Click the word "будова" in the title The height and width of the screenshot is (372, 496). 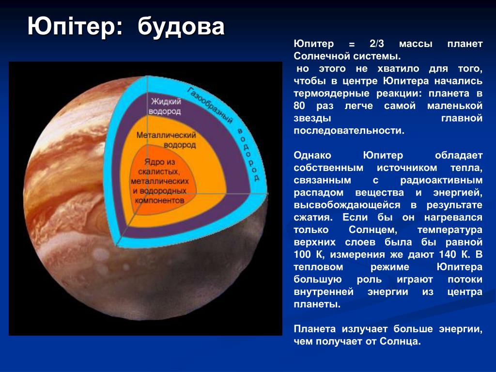point(181,27)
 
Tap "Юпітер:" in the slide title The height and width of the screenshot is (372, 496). point(75,26)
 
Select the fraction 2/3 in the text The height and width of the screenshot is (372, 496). point(376,44)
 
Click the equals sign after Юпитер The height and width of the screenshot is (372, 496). point(352,45)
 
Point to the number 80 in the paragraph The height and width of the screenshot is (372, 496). point(299,105)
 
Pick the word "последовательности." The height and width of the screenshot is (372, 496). point(349,130)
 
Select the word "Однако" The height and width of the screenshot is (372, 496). point(312,155)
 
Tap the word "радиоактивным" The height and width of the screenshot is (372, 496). point(441,180)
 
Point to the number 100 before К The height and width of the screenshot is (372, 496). point(302,254)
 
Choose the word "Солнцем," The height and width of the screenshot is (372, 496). point(372,230)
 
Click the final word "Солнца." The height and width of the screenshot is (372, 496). point(400,341)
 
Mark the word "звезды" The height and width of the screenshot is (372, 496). point(312,118)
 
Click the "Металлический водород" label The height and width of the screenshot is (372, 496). point(167,140)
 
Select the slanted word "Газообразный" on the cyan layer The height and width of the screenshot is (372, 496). point(210,105)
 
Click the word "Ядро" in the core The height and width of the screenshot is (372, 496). point(151,162)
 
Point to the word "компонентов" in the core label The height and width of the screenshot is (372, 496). point(159,201)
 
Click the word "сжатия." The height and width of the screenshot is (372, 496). point(313,217)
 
